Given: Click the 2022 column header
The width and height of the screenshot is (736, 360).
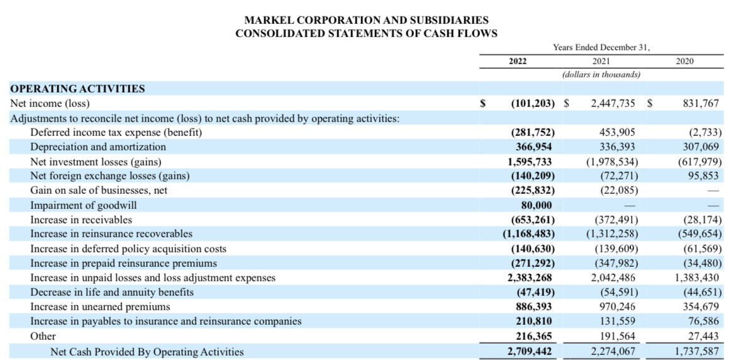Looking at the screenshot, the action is point(517,62).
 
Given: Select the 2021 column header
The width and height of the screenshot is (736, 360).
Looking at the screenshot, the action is point(601,62).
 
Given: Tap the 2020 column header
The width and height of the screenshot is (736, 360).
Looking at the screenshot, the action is point(685,62).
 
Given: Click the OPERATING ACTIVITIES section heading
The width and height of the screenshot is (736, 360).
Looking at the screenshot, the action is point(77,89).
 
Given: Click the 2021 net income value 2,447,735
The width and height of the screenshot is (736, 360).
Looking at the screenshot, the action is point(613,103).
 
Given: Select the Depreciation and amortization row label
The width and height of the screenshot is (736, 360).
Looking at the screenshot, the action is point(98,147).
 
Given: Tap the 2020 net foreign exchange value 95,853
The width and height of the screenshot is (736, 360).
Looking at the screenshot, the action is point(703,176).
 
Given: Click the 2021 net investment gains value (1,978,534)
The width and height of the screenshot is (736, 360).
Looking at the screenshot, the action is point(611,162).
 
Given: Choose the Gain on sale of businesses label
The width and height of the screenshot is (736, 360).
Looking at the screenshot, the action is point(99,191).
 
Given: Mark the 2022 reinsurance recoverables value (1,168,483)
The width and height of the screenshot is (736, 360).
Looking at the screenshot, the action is point(529,234).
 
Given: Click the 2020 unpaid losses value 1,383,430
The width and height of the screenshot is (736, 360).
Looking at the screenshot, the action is point(697,278).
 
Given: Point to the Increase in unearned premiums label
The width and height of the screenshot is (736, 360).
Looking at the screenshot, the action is point(100,307).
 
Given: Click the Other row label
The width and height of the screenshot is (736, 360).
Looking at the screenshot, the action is point(43,336).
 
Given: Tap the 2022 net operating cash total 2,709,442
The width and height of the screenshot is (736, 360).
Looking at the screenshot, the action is point(530,351).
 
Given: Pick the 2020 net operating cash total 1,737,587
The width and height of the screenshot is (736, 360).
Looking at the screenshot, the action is point(697,351).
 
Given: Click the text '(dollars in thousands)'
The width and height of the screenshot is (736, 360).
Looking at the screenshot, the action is point(601,75).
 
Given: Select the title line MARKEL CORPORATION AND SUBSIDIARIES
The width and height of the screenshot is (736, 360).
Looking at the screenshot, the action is point(367,21).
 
